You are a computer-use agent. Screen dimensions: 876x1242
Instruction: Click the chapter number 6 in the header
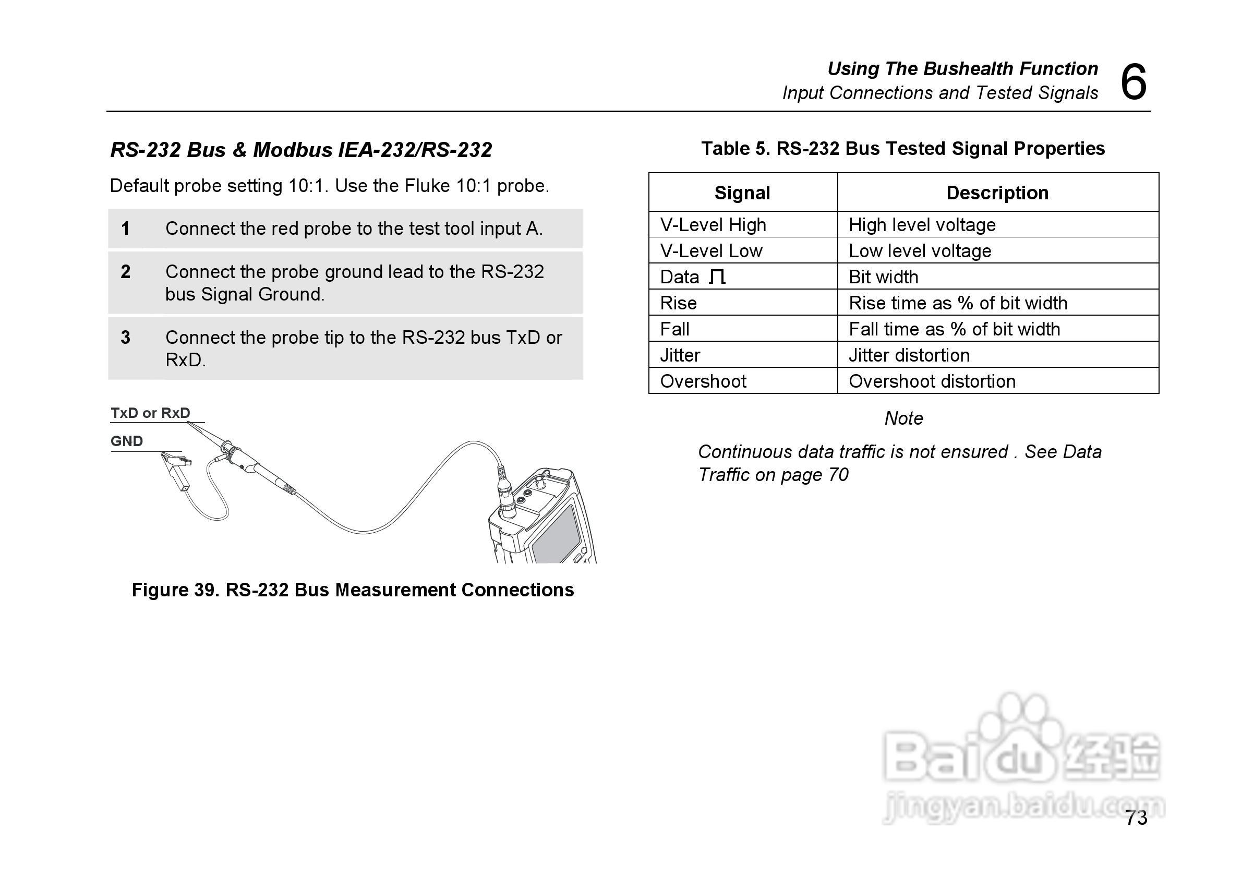(1133, 82)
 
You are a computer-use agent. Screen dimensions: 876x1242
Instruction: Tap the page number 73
(1136, 818)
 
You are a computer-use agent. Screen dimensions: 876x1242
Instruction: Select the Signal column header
(742, 193)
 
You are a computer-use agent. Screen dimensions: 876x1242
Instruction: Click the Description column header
(997, 193)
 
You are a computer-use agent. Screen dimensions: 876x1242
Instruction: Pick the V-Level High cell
(713, 224)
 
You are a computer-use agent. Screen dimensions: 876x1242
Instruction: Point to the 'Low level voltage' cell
(920, 250)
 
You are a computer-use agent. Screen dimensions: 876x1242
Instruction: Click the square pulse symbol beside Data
(717, 277)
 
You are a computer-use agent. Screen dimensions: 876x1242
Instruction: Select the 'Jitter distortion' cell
(909, 355)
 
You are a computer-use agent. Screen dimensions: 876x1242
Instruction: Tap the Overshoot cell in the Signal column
(703, 381)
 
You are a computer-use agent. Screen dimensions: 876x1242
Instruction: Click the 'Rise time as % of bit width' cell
(958, 303)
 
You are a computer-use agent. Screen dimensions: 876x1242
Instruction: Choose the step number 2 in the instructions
(126, 272)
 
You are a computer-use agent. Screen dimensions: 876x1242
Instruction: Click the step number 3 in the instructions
(126, 337)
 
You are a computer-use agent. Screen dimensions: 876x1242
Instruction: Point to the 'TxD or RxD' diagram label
(150, 413)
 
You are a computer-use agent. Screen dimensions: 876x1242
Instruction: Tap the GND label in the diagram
(127, 441)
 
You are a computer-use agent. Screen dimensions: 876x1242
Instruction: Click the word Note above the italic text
(903, 418)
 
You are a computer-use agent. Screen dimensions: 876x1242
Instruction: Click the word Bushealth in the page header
(968, 69)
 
